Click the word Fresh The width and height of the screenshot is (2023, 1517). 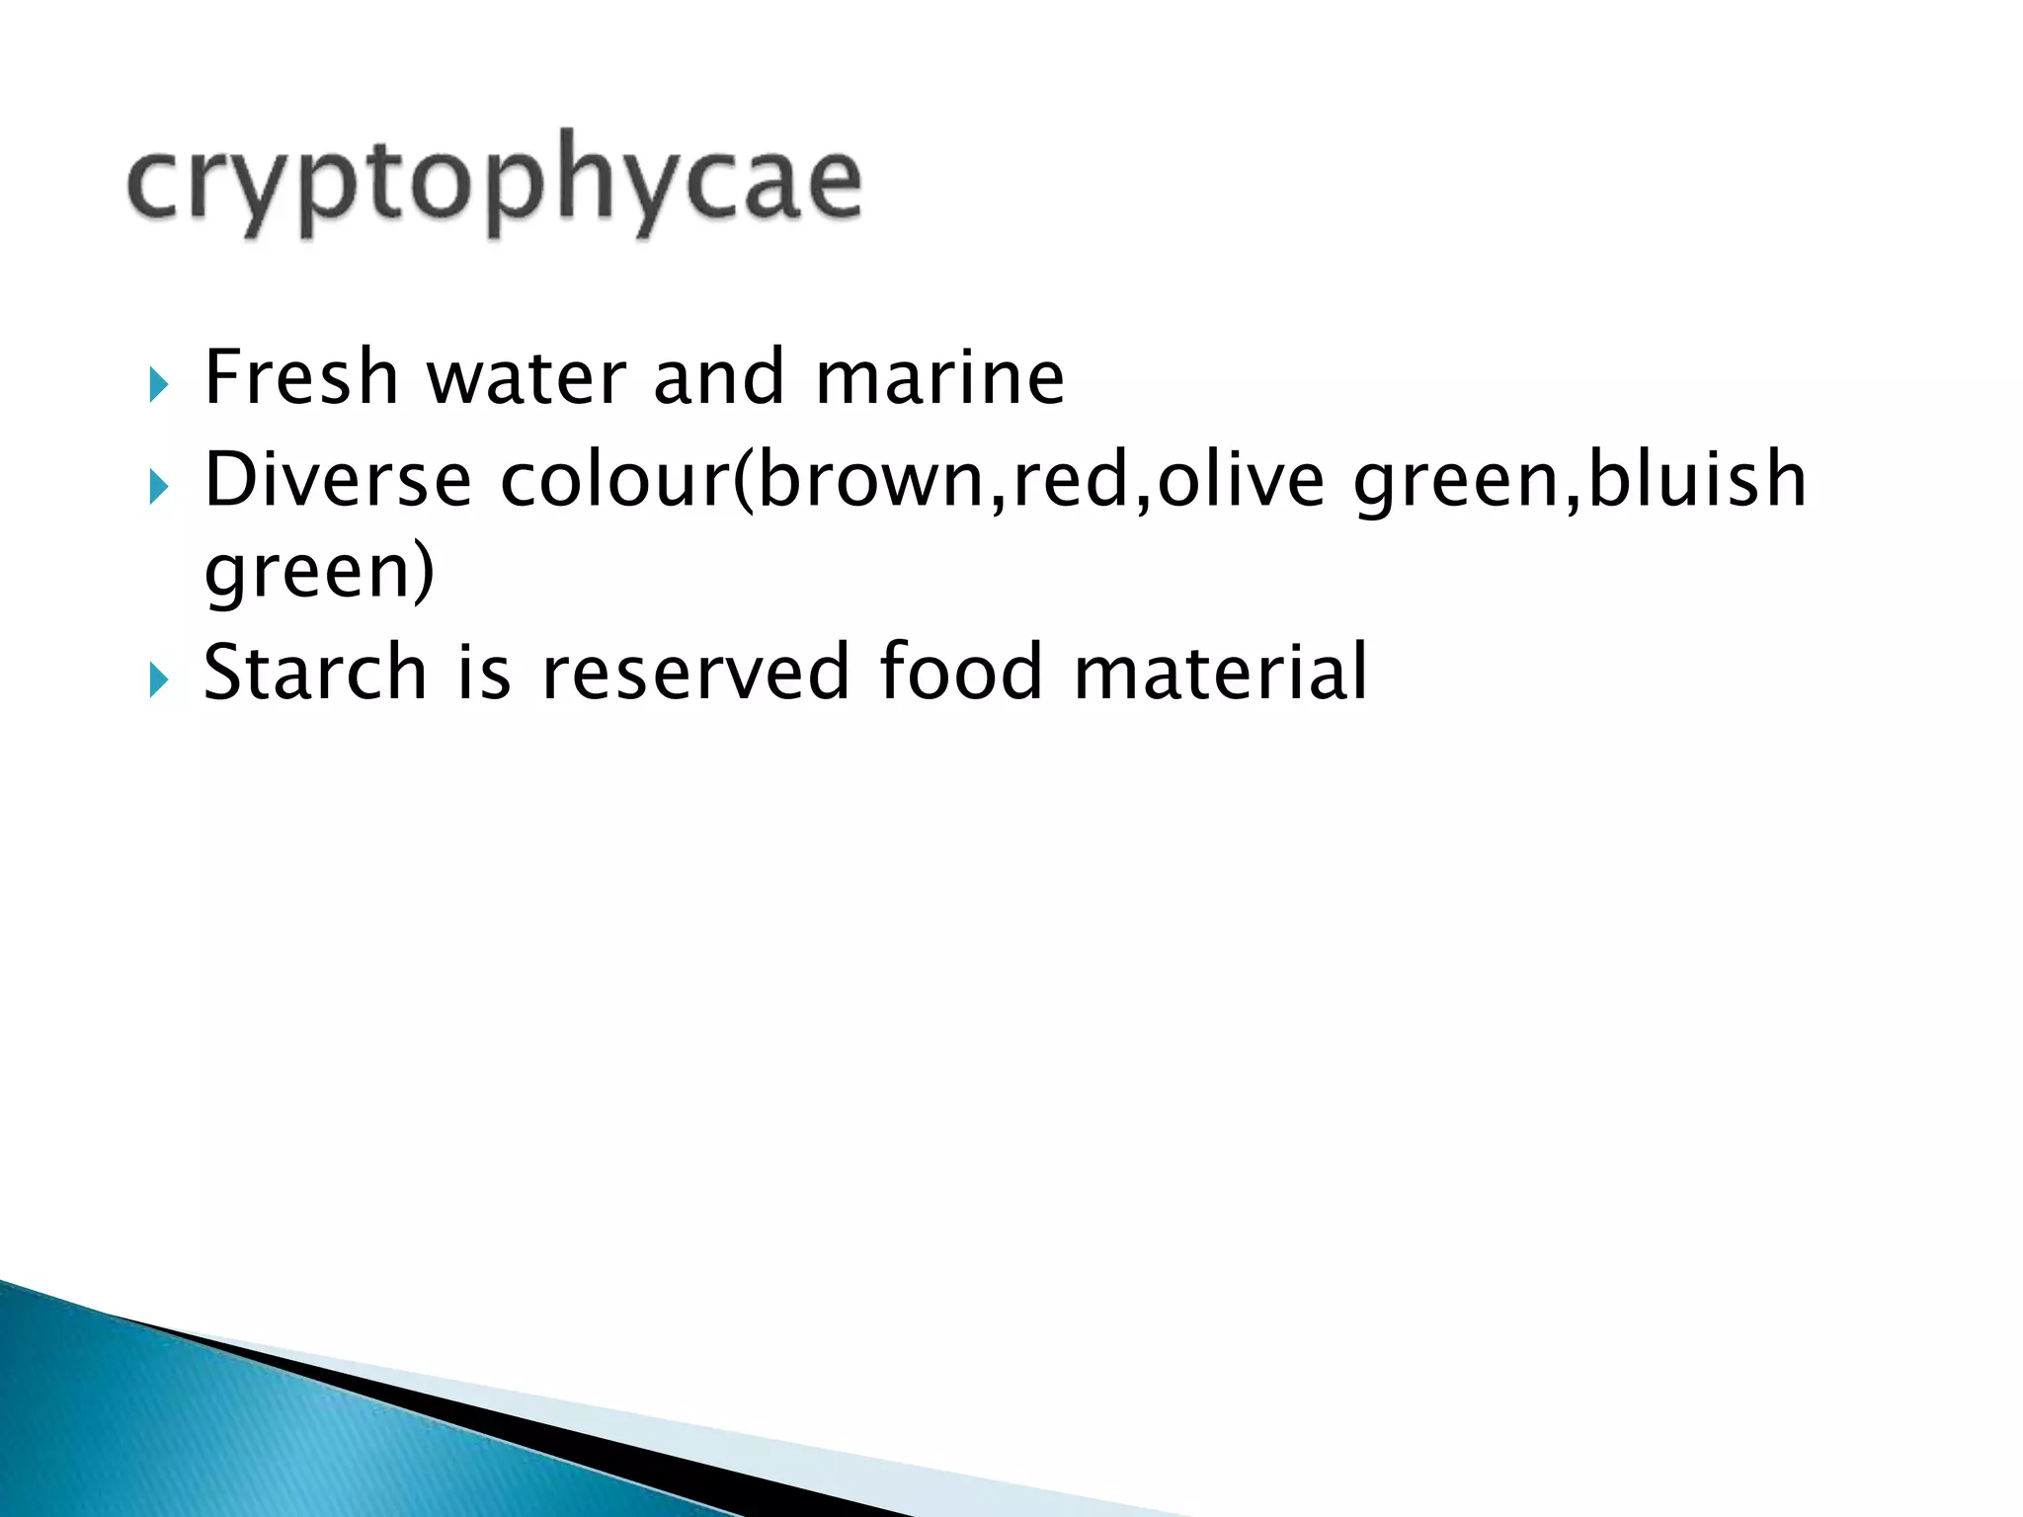click(301, 377)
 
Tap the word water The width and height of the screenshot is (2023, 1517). click(526, 377)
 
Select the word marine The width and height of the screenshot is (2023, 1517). click(939, 377)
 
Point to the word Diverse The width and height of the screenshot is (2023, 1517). click(338, 480)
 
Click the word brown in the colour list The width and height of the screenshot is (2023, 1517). click(871, 480)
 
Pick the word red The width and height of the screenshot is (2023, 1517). click(1072, 480)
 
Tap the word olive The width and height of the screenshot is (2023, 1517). click(1241, 480)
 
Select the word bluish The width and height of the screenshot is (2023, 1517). click(1697, 480)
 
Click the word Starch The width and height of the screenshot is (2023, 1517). click(315, 673)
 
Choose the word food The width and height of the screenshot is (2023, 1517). click(961, 673)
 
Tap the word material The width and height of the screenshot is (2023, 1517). click(1221, 673)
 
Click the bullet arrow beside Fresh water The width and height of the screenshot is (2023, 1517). click(158, 384)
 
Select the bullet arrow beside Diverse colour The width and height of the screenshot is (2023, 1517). click(158, 487)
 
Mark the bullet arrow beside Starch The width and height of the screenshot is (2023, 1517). click(158, 679)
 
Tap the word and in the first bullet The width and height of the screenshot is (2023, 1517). click(719, 377)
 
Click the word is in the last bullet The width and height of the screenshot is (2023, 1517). click(484, 673)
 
